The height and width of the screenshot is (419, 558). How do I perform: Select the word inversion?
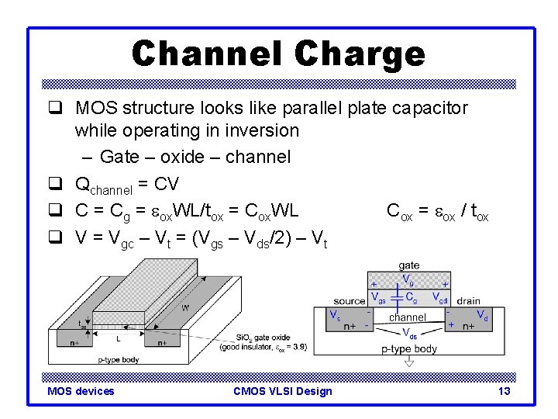pos(260,130)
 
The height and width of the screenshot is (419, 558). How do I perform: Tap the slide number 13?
pos(504,391)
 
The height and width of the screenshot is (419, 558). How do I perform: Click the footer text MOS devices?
pos(81,391)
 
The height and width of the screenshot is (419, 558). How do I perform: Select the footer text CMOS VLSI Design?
pos(282,391)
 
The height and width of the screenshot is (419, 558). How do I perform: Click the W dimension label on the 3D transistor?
pos(185,308)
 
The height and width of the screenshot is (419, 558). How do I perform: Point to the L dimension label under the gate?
pos(118,338)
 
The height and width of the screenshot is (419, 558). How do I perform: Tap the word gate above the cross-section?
pos(408,265)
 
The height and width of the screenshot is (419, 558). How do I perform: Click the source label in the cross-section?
pos(350,301)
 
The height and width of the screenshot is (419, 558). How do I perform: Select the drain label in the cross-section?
pos(468,301)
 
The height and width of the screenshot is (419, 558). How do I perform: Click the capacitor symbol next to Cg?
pos(398,296)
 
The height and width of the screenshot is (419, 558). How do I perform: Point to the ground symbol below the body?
pos(409,362)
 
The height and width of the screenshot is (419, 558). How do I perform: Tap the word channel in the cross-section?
pos(408,317)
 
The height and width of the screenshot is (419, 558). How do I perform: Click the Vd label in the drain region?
pos(482,314)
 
